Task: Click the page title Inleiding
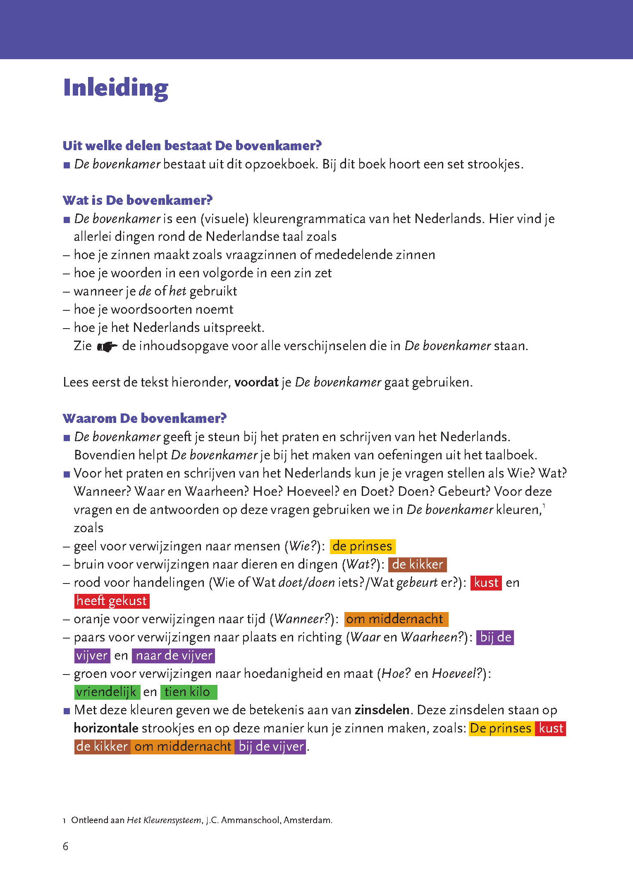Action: [116, 88]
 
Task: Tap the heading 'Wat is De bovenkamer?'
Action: [137, 200]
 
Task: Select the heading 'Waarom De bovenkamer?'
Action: [144, 418]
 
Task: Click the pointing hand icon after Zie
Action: [107, 346]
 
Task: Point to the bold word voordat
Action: [256, 382]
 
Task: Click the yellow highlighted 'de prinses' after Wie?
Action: [362, 546]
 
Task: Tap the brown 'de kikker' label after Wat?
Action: [417, 564]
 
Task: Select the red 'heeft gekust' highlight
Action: [112, 601]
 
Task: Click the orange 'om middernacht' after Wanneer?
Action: [396, 619]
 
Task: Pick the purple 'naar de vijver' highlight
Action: [174, 655]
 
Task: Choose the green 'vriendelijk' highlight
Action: [107, 692]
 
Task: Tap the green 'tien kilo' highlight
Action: [188, 692]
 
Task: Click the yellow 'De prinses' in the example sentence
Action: [501, 728]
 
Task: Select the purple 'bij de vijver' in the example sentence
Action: [271, 747]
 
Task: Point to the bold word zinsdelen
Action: [382, 710]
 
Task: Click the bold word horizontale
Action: [106, 728]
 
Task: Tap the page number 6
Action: [65, 846]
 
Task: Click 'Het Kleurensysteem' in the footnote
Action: [164, 820]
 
